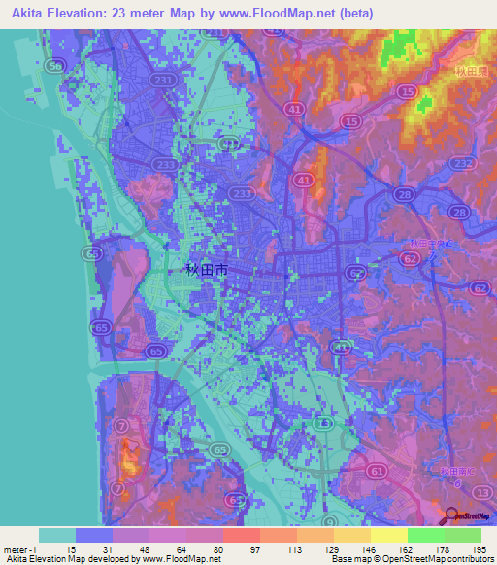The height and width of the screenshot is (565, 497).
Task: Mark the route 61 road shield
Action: coord(376,470)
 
